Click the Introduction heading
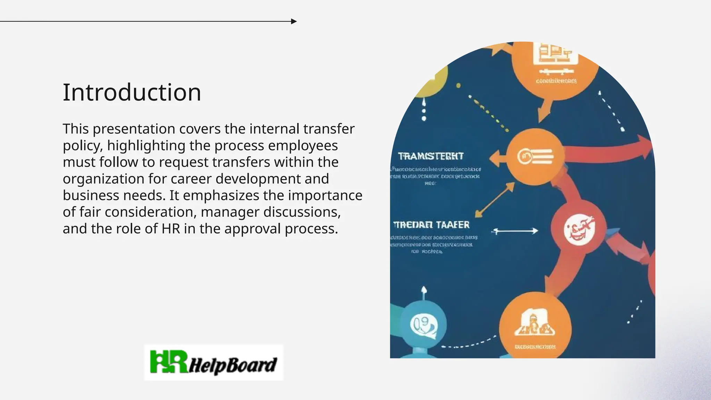pos(132,93)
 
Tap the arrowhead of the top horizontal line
pos(294,22)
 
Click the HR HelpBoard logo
pos(214,362)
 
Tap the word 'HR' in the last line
pos(171,229)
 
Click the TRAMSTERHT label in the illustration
pos(430,156)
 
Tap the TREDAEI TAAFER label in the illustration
pos(431,225)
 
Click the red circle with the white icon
pos(578,228)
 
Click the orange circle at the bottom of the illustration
pos(535,328)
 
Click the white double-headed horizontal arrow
pos(515,231)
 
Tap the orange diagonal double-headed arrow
pos(495,200)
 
